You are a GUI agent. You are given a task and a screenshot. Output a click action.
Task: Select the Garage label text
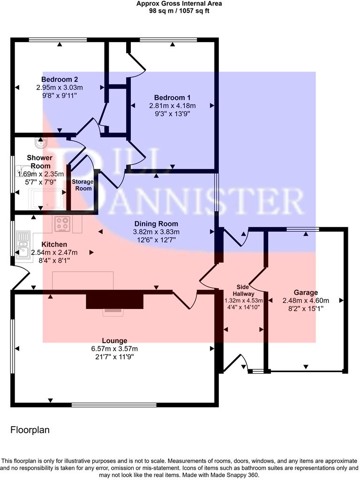point(306,292)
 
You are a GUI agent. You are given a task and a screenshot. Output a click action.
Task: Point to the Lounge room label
point(115,341)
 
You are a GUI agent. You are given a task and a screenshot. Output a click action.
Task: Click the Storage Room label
point(82,185)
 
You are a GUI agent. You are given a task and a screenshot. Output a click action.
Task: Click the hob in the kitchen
point(62,224)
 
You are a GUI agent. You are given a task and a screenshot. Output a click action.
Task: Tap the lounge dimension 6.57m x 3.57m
point(115,349)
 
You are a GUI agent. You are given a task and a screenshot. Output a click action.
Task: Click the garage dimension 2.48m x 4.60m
point(306,300)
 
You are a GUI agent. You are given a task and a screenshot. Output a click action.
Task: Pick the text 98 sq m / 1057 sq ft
point(179,10)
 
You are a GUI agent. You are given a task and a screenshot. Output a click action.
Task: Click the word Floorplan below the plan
point(30,429)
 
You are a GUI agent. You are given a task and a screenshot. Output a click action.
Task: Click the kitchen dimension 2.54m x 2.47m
point(54,252)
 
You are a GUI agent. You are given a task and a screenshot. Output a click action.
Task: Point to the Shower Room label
point(39,162)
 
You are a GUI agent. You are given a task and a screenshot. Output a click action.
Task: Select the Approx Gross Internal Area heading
point(179,3)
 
